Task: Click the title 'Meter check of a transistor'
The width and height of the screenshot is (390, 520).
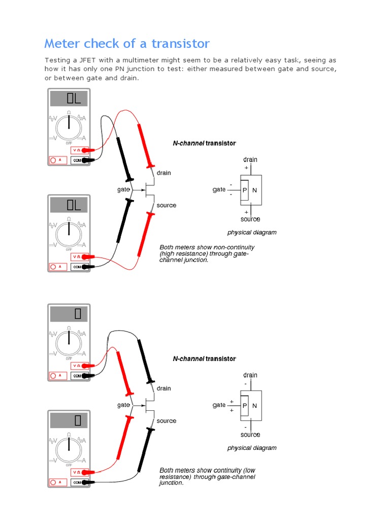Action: (127, 43)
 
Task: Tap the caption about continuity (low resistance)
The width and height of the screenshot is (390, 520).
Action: (207, 476)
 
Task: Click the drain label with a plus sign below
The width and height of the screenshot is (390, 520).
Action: (250, 159)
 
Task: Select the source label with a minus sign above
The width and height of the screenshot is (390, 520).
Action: (250, 435)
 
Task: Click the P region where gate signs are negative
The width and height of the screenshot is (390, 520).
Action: (245, 190)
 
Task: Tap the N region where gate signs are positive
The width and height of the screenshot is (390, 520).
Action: (255, 405)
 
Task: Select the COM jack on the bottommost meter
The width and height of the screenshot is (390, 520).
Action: (77, 482)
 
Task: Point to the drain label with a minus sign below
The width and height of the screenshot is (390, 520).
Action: (250, 375)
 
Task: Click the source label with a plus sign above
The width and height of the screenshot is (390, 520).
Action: (250, 219)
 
